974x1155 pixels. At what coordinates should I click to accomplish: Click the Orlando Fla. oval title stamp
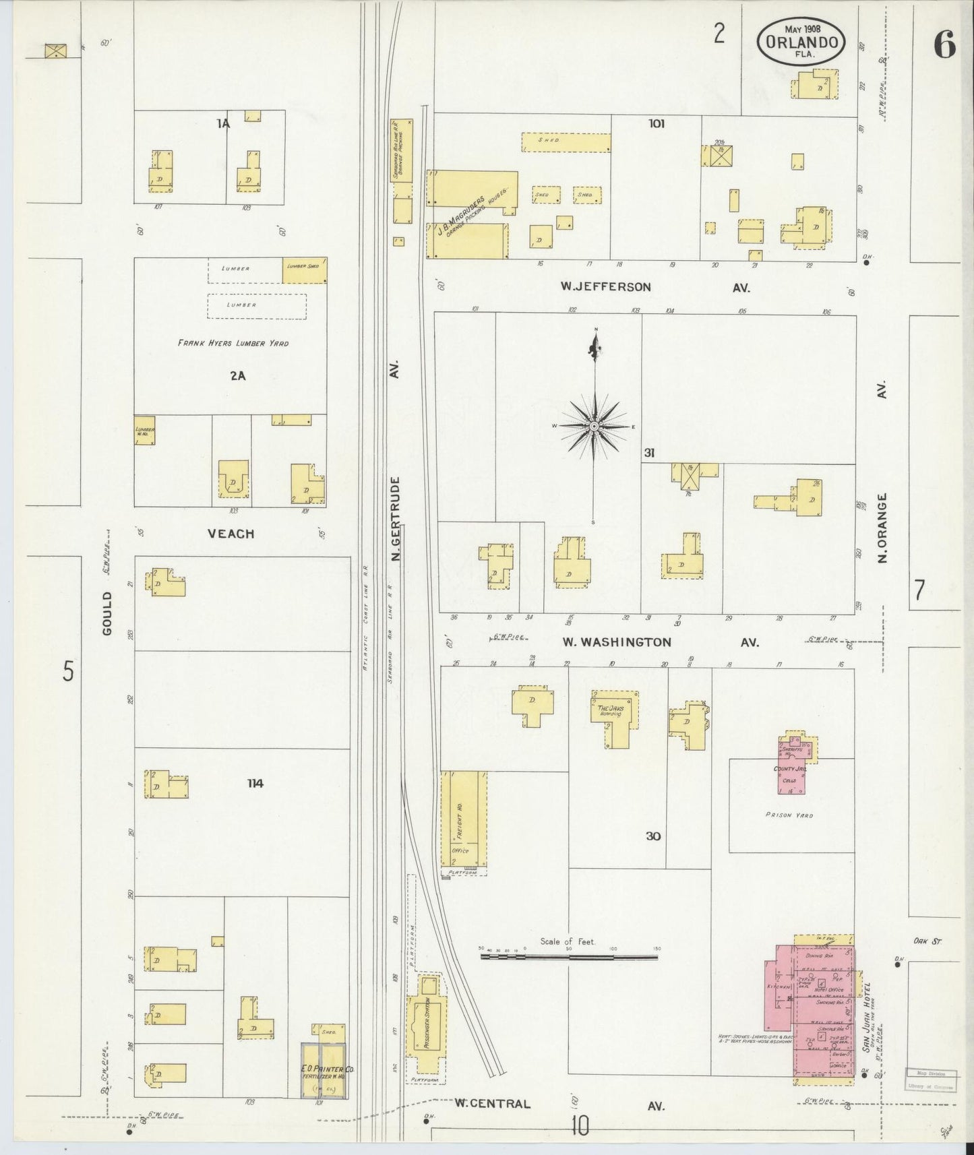pos(801,42)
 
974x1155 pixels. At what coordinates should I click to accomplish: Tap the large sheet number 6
pos(944,46)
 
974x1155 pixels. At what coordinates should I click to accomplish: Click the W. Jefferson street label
pos(605,287)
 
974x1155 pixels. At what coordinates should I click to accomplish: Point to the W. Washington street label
pos(617,642)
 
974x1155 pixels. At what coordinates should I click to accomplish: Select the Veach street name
pos(231,534)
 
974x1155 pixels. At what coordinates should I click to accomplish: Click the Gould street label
pos(108,613)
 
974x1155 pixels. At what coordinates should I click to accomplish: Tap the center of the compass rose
pos(594,427)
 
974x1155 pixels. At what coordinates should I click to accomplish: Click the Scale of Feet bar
pos(570,956)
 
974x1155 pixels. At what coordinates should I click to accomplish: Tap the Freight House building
pos(464,819)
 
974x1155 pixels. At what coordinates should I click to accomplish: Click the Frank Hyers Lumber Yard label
pos(233,343)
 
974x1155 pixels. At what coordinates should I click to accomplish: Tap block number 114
pos(255,783)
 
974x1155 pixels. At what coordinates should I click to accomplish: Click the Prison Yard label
pos(789,815)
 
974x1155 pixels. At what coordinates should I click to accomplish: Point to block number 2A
pos(237,376)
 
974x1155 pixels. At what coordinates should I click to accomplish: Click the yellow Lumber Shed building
pos(305,270)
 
